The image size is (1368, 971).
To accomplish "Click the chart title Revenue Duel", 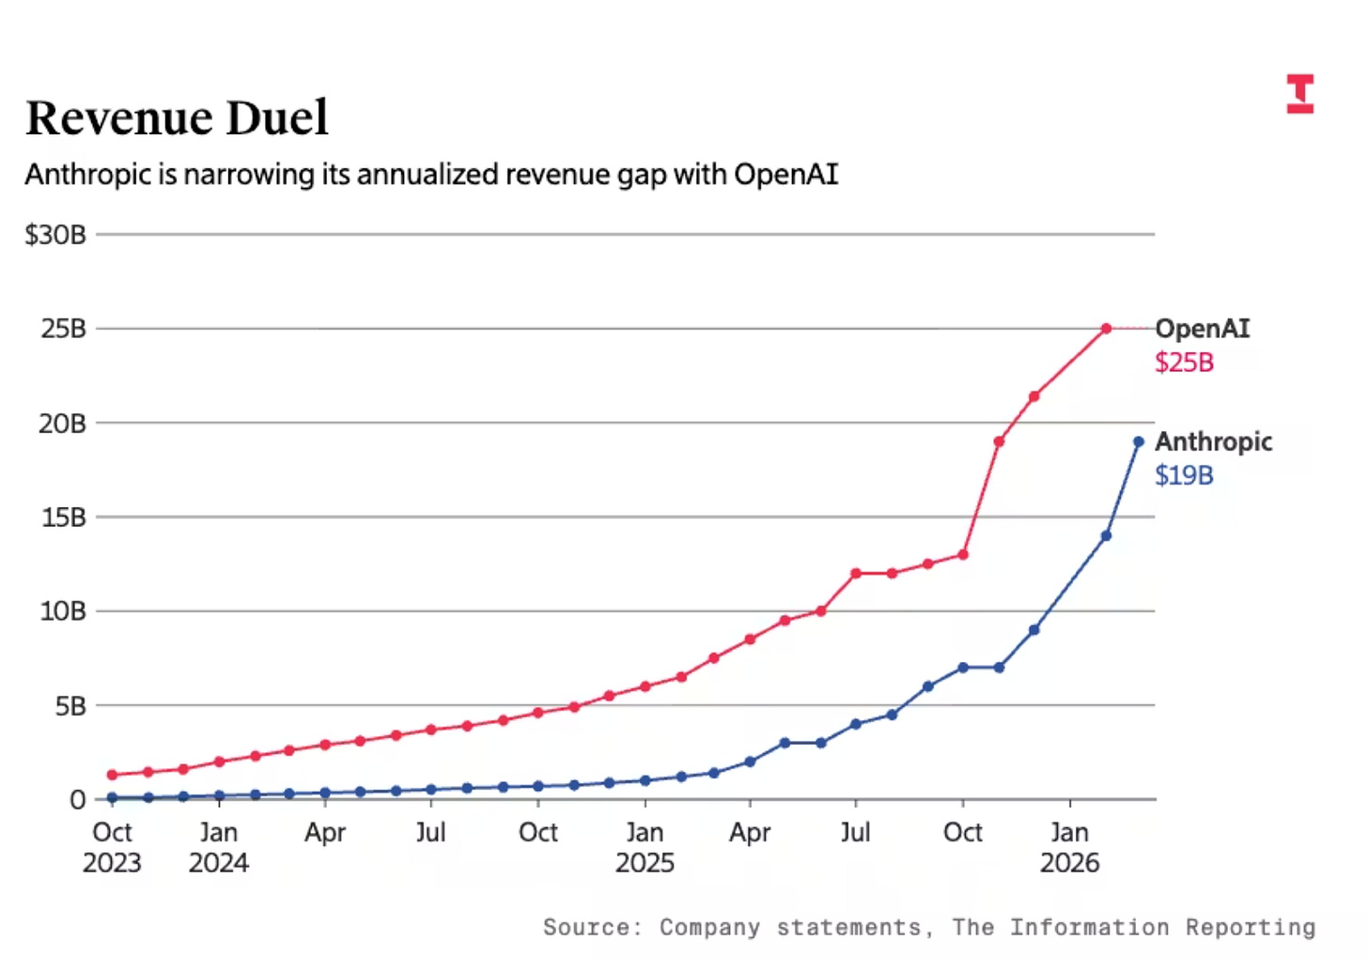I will pos(177,118).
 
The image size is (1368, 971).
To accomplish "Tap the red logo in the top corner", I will pos(1300,94).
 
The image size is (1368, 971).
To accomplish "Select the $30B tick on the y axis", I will pos(55,235).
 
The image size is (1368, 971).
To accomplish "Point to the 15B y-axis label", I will pos(63,517).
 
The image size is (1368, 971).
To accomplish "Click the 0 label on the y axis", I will pos(77,800).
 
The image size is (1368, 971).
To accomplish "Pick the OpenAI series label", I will pos(1202,329).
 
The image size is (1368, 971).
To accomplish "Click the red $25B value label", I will pos(1184,362).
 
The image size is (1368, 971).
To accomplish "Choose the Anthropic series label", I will pos(1213,441).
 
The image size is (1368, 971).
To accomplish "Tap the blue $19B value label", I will pos(1184,475).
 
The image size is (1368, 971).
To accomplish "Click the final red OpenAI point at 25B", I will pos(1106,329).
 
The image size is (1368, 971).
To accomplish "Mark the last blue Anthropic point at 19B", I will pos(1138,441).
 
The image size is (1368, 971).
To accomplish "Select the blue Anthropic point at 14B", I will pos(1106,535).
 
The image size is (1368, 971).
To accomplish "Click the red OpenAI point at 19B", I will pos(999,441).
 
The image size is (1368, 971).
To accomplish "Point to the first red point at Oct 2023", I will pos(112,775).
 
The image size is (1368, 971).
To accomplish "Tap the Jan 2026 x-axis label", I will pos(1069,847).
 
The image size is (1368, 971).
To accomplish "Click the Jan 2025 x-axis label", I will pos(645,847).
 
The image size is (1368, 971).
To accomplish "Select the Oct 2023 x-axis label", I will pos(112,847).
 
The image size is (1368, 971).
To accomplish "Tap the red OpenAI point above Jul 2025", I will pos(856,573).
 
